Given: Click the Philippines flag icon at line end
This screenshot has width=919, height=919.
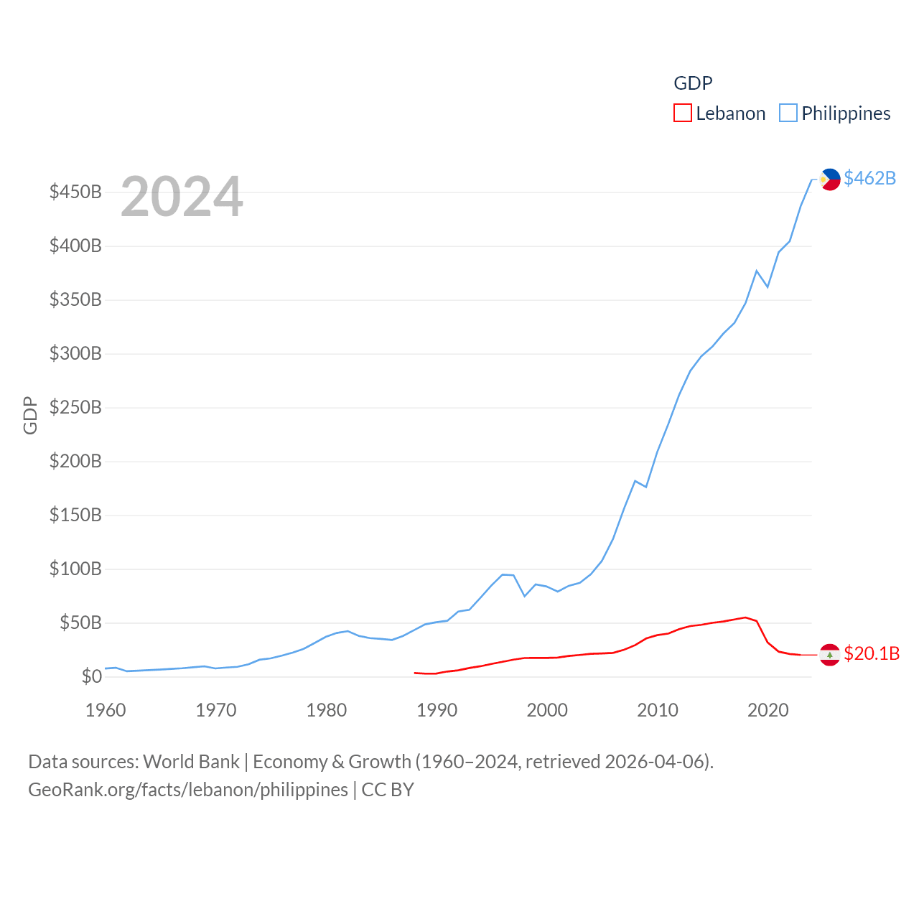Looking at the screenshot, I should [x=830, y=179].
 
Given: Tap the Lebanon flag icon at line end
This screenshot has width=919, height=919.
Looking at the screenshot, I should [x=830, y=655].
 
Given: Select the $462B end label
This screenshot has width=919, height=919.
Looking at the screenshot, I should [x=869, y=178].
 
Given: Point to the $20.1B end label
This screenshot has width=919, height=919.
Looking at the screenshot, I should [x=872, y=653].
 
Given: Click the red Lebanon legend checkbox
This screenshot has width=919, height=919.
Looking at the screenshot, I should [x=683, y=113].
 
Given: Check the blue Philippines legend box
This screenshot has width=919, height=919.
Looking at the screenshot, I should [x=788, y=113].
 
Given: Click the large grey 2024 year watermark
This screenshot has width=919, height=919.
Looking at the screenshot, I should [x=182, y=197].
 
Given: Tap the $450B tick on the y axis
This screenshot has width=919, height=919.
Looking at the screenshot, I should [x=75, y=192].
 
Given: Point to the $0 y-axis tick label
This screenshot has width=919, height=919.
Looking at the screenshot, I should [x=91, y=676].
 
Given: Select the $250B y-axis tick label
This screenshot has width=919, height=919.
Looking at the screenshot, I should [x=75, y=408].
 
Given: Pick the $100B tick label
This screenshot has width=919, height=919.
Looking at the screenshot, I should [x=75, y=569].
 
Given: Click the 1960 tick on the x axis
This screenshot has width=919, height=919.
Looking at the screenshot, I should [x=106, y=711].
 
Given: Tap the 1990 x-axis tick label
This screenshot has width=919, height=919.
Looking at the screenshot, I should [x=437, y=711].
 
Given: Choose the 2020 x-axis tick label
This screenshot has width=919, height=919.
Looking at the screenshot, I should [x=768, y=711].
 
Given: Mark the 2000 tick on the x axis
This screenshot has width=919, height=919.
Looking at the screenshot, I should [x=547, y=711].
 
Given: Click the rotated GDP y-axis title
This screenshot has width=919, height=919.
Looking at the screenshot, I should [x=30, y=415].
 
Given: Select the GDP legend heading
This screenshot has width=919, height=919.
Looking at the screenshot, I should [x=693, y=83].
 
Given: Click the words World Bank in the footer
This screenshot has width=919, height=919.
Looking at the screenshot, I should [x=191, y=762].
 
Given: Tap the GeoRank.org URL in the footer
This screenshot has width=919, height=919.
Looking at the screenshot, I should [x=188, y=790].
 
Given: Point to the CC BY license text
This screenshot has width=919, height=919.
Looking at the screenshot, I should [x=388, y=790].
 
